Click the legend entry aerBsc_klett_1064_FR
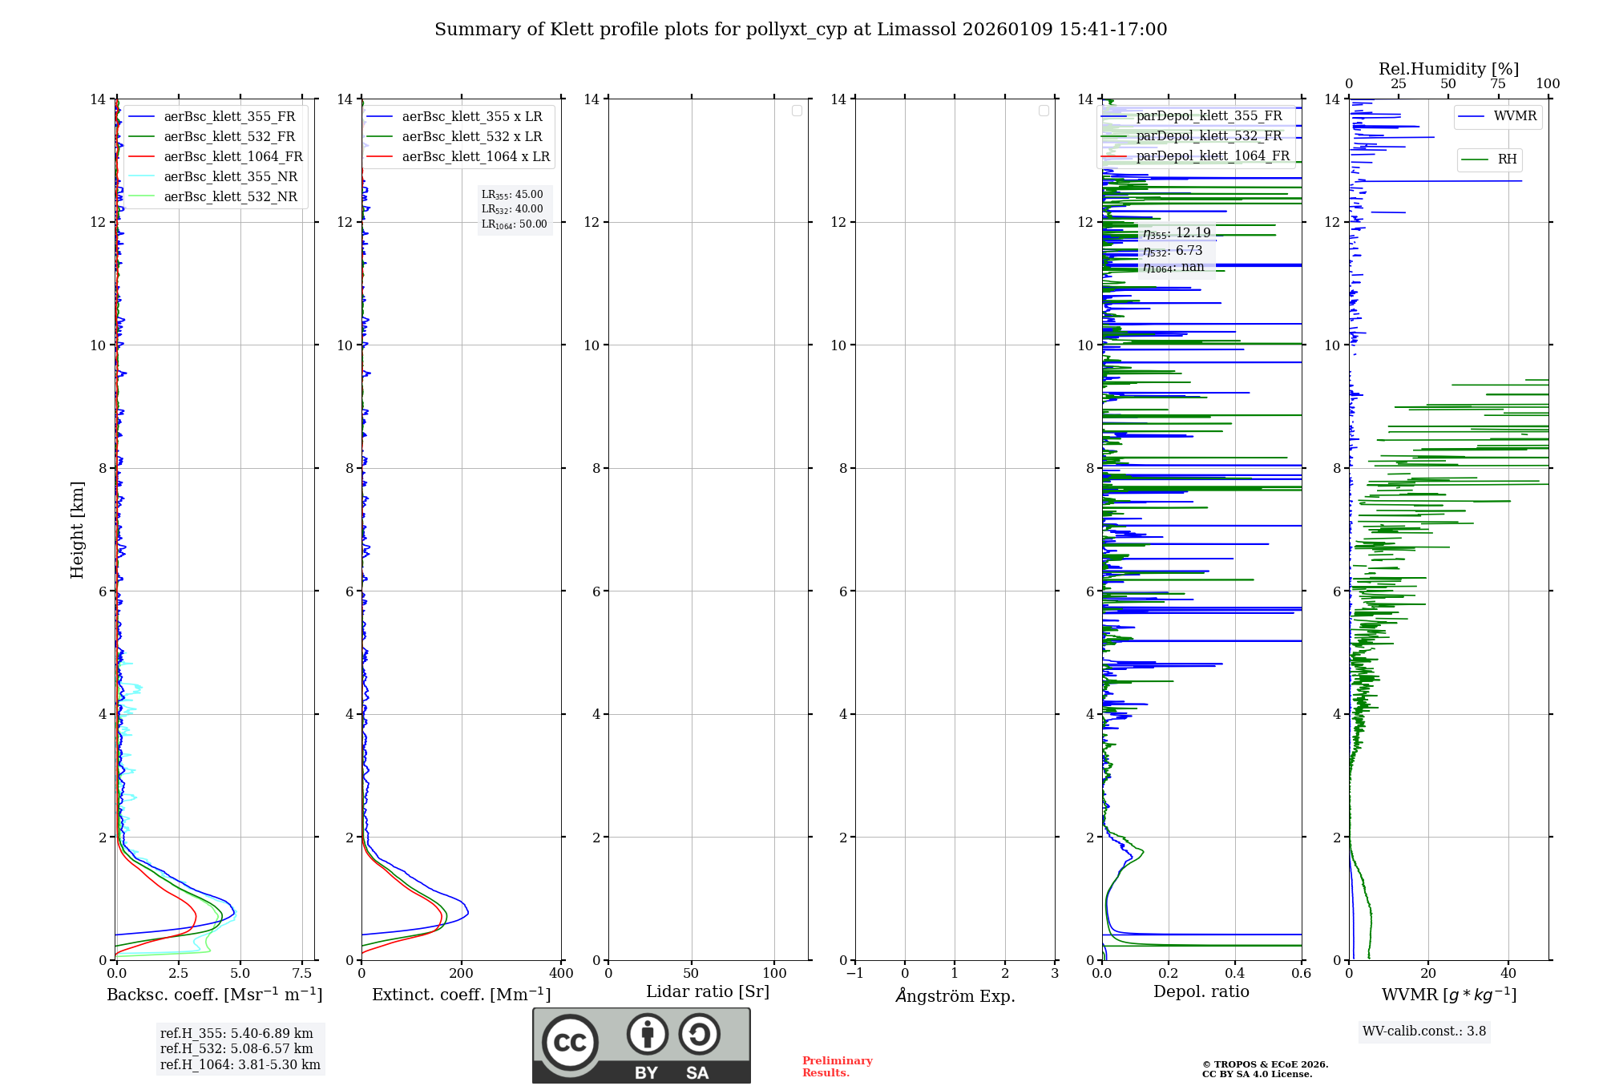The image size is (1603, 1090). [x=233, y=156]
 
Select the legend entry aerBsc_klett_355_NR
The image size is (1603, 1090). [x=230, y=176]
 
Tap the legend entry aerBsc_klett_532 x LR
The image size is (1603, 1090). [x=472, y=136]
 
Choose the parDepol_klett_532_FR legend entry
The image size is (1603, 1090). [x=1209, y=135]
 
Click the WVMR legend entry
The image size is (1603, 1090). [x=1515, y=116]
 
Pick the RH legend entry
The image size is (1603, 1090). [x=1507, y=159]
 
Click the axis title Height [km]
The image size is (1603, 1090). [x=77, y=530]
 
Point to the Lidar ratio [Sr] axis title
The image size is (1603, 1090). [x=708, y=991]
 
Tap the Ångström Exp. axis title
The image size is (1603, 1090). [x=955, y=995]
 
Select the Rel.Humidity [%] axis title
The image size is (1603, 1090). [x=1448, y=69]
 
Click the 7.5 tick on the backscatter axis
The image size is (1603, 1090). [x=302, y=974]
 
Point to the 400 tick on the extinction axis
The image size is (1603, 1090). [x=561, y=974]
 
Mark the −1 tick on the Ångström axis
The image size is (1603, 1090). [x=855, y=974]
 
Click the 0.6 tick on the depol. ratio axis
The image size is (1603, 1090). [x=1301, y=974]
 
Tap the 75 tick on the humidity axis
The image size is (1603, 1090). [x=1497, y=84]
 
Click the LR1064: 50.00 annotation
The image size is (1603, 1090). [x=515, y=224]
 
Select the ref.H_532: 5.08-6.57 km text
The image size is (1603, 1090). [x=236, y=1048]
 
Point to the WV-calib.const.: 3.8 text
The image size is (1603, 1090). [x=1424, y=1031]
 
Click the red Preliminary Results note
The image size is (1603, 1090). [x=837, y=1067]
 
